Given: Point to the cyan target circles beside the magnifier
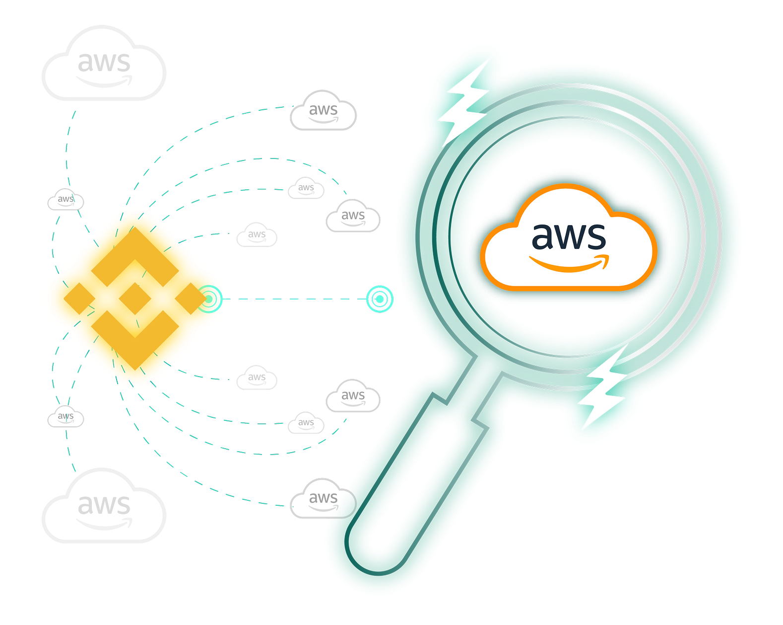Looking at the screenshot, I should click(380, 299).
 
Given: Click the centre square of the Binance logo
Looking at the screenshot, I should click(134, 299).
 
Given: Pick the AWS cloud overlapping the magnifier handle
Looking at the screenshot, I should click(323, 499).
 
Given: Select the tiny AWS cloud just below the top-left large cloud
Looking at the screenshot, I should click(65, 200).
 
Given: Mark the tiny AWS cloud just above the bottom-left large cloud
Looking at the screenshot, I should click(65, 417).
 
